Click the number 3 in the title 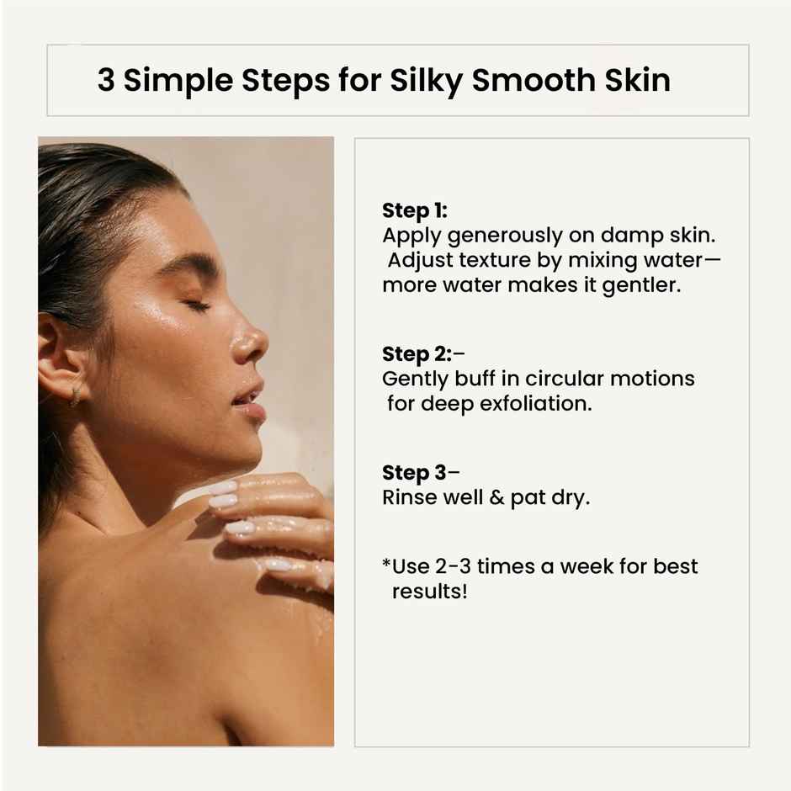[x=106, y=82]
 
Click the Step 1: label [x=414, y=210]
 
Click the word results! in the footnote [x=429, y=591]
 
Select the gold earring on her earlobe [x=75, y=395]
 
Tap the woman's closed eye [x=199, y=305]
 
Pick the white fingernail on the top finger [x=223, y=487]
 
